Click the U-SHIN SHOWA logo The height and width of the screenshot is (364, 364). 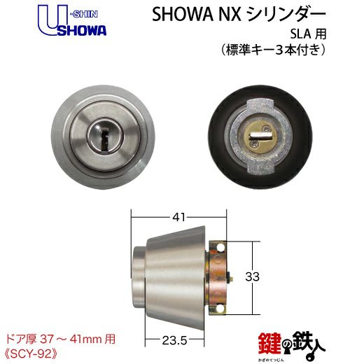(72, 22)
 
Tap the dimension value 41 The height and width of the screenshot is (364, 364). (178, 217)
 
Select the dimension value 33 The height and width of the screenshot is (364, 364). (252, 276)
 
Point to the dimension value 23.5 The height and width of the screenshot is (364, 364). (174, 341)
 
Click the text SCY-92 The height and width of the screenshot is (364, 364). (31, 354)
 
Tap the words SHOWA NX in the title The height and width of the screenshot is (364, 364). (196, 15)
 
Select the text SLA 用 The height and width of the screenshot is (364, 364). (308, 34)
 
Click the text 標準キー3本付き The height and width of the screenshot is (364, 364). (273, 50)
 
